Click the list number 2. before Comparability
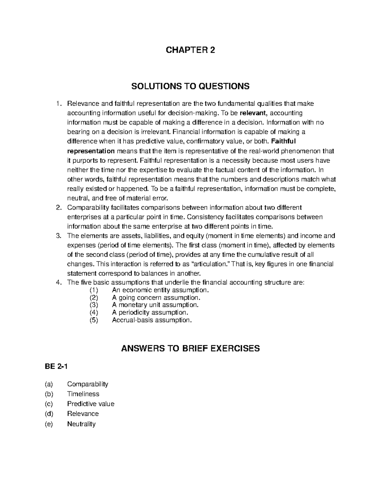tap(58, 208)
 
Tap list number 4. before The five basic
tap(58, 283)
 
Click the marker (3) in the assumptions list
tap(94, 305)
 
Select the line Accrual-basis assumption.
tap(152, 320)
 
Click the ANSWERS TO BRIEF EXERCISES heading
tap(190, 349)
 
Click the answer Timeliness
tap(83, 394)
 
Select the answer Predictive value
tap(90, 404)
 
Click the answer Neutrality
tap(81, 424)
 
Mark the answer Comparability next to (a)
tap(88, 384)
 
